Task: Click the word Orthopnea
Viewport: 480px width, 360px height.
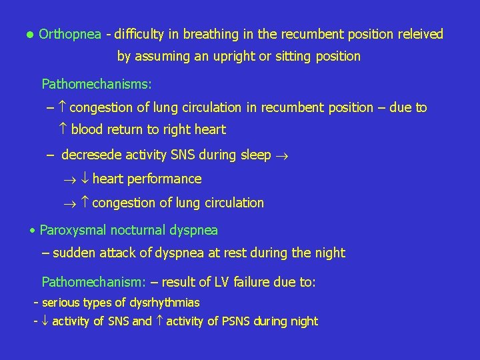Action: click(x=70, y=34)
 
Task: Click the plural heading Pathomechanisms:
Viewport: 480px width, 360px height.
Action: click(x=97, y=84)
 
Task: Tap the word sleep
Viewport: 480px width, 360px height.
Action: click(x=255, y=155)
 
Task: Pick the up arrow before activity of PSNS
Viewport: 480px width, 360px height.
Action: click(x=159, y=321)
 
